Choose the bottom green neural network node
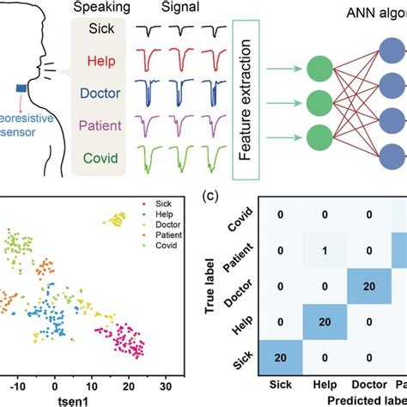(322, 136)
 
